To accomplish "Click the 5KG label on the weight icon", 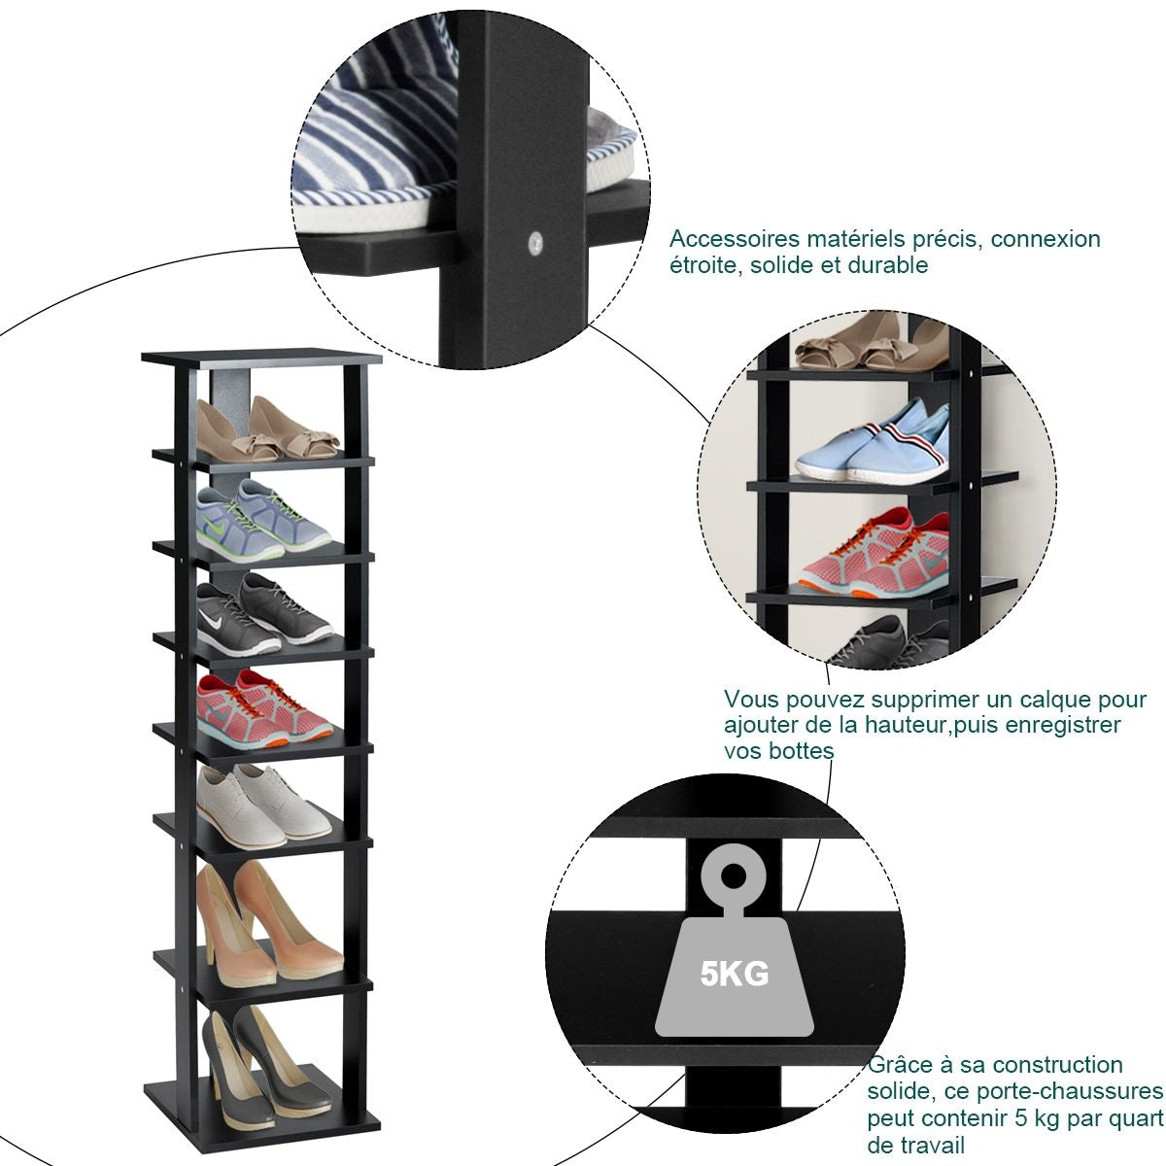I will [735, 972].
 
